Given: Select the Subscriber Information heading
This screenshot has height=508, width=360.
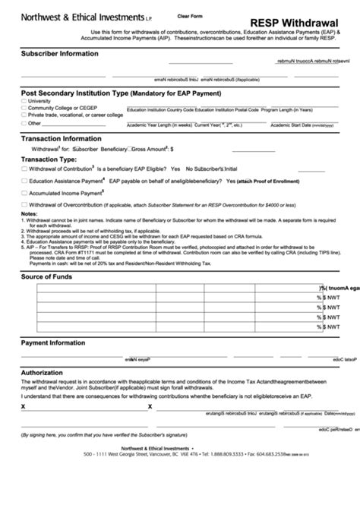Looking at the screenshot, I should pyautogui.click(x=60, y=54).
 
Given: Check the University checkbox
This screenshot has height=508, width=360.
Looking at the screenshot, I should pyautogui.click(x=24, y=101).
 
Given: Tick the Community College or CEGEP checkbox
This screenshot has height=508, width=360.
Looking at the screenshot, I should pyautogui.click(x=24, y=108).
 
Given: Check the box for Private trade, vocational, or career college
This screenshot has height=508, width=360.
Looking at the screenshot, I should pyautogui.click(x=24, y=115).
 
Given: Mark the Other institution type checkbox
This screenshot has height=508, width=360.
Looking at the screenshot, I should pyautogui.click(x=24, y=122).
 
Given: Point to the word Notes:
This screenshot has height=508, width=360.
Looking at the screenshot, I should pyautogui.click(x=30, y=214).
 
